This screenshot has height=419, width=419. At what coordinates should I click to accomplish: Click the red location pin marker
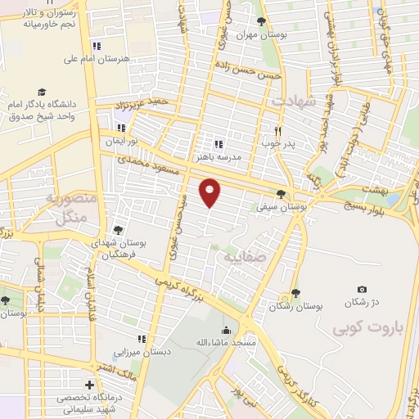pos(211,191)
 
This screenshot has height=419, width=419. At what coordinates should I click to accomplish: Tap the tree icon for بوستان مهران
pos(261,22)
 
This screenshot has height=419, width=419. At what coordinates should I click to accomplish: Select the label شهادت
pos(293,99)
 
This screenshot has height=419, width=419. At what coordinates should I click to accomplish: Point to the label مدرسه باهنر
pos(217,155)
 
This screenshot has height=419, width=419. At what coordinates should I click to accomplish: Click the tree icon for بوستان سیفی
pos(282,194)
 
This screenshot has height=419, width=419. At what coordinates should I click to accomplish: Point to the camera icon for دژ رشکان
pos(362,289)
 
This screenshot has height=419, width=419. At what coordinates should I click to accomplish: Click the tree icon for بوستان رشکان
pos(295,293)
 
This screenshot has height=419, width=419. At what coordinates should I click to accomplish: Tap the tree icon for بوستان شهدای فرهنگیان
pos(118,231)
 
